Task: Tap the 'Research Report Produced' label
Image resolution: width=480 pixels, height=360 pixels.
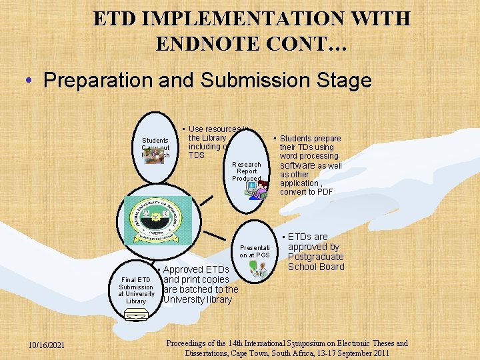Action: [246, 171]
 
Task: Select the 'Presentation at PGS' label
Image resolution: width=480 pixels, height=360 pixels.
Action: [254, 250]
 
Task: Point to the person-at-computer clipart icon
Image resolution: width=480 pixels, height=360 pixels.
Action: [256, 190]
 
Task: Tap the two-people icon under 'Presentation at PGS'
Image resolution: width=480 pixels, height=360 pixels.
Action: [257, 268]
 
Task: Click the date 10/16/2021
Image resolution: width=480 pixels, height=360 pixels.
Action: [46, 345]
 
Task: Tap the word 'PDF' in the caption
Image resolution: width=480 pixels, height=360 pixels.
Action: [325, 192]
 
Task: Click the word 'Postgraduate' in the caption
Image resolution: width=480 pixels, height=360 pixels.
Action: [316, 257]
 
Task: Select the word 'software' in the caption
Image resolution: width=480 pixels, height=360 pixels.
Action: [302, 165]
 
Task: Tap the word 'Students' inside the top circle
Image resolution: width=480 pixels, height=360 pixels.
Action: [155, 141]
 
